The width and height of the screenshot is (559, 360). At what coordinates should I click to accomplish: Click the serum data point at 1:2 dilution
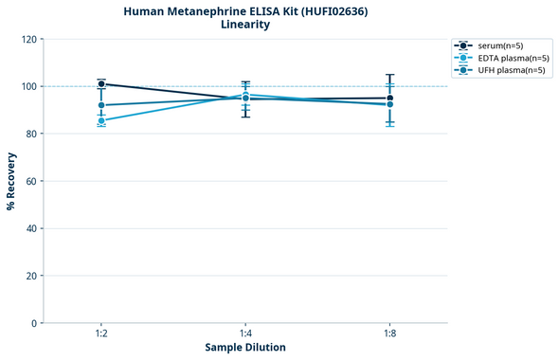click(101, 84)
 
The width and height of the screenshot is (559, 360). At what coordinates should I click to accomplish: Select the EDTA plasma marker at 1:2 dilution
click(101, 120)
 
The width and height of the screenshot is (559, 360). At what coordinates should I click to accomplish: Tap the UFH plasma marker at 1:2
click(101, 105)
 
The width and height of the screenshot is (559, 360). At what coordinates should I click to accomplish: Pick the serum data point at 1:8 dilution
click(389, 99)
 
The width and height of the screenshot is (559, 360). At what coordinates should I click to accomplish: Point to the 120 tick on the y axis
click(29, 40)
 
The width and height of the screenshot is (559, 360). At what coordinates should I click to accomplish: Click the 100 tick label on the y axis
click(29, 87)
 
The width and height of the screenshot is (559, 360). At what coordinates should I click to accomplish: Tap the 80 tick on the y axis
click(32, 135)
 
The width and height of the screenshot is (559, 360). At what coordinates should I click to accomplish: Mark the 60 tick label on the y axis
click(32, 182)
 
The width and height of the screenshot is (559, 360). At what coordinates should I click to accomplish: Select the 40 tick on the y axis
click(32, 229)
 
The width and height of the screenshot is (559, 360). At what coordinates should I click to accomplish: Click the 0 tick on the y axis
click(35, 324)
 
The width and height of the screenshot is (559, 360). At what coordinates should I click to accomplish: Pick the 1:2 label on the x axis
click(101, 334)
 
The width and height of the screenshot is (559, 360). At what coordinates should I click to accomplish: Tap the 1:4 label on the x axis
click(245, 334)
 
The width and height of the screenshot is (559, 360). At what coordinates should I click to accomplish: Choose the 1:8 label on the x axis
click(389, 334)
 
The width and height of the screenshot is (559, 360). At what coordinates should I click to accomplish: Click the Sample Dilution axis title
click(245, 348)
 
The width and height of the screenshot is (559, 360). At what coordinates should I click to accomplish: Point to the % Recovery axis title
click(11, 181)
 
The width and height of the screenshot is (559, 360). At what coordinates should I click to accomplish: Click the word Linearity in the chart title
click(245, 25)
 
